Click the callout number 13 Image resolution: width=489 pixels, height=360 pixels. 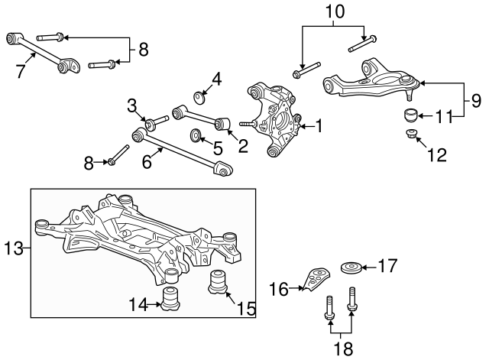(x=13, y=248)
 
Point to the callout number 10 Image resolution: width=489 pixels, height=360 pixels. (x=336, y=12)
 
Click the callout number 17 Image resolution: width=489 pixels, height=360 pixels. (x=389, y=267)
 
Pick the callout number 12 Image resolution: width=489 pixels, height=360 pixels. (x=436, y=156)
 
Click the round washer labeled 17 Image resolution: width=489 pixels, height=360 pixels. (x=350, y=268)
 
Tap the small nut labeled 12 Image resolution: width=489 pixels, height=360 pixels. (x=411, y=136)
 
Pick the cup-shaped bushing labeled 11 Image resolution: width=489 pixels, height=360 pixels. (x=412, y=117)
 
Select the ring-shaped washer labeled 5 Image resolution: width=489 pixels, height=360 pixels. (x=196, y=136)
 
